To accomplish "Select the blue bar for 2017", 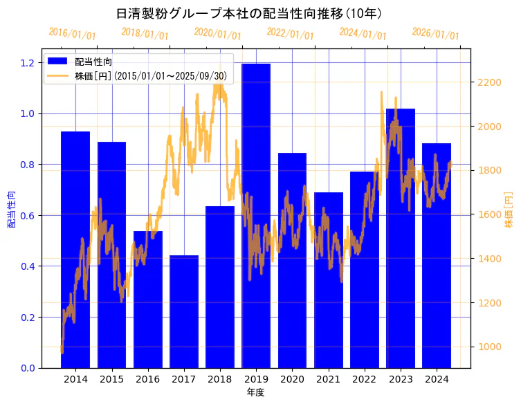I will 184,311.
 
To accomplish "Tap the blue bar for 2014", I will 75,249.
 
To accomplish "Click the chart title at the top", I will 249,13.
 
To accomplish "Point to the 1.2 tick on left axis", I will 28,63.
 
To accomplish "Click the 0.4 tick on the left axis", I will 28,266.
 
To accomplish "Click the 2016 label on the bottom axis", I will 147,380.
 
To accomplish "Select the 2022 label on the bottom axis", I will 365,380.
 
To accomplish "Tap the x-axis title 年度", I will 255,392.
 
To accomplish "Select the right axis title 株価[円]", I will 509,211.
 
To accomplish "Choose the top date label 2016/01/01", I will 73,33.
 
